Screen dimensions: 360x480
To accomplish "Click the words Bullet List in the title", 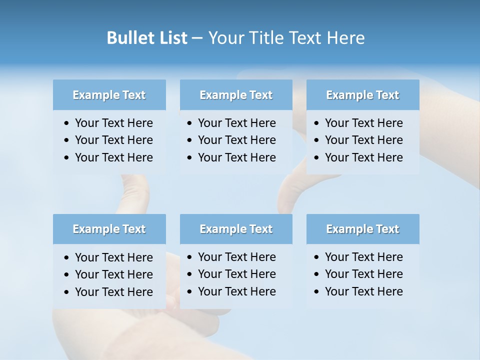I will point(147,38).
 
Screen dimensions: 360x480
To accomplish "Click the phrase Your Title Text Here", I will point(286,38).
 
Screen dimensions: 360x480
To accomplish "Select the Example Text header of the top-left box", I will point(109,95).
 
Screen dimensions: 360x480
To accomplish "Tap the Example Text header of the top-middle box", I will point(236,95).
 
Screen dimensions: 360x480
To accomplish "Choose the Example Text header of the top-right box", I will point(362,95).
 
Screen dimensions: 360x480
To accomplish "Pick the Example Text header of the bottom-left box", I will point(109,229).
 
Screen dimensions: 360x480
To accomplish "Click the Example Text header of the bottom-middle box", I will point(236,229).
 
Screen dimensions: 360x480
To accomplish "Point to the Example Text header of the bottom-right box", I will point(362,229).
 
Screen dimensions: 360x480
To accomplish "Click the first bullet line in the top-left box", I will point(113,123).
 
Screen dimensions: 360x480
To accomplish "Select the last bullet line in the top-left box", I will point(113,157).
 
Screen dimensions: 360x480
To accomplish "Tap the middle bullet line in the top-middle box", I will point(236,140).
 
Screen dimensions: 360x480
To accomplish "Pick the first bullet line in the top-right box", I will point(363,123).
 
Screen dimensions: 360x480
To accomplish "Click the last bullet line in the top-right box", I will point(363,157).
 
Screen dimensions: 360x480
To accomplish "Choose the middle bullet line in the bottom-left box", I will point(113,274).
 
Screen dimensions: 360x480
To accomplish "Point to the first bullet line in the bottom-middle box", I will point(236,257).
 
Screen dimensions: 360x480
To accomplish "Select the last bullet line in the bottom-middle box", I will point(236,291).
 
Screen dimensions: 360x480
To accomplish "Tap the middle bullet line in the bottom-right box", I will point(363,274).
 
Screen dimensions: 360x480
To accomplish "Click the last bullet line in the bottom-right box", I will point(363,291).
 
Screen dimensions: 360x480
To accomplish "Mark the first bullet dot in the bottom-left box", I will point(67,258).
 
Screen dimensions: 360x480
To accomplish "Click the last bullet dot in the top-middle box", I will point(190,158).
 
